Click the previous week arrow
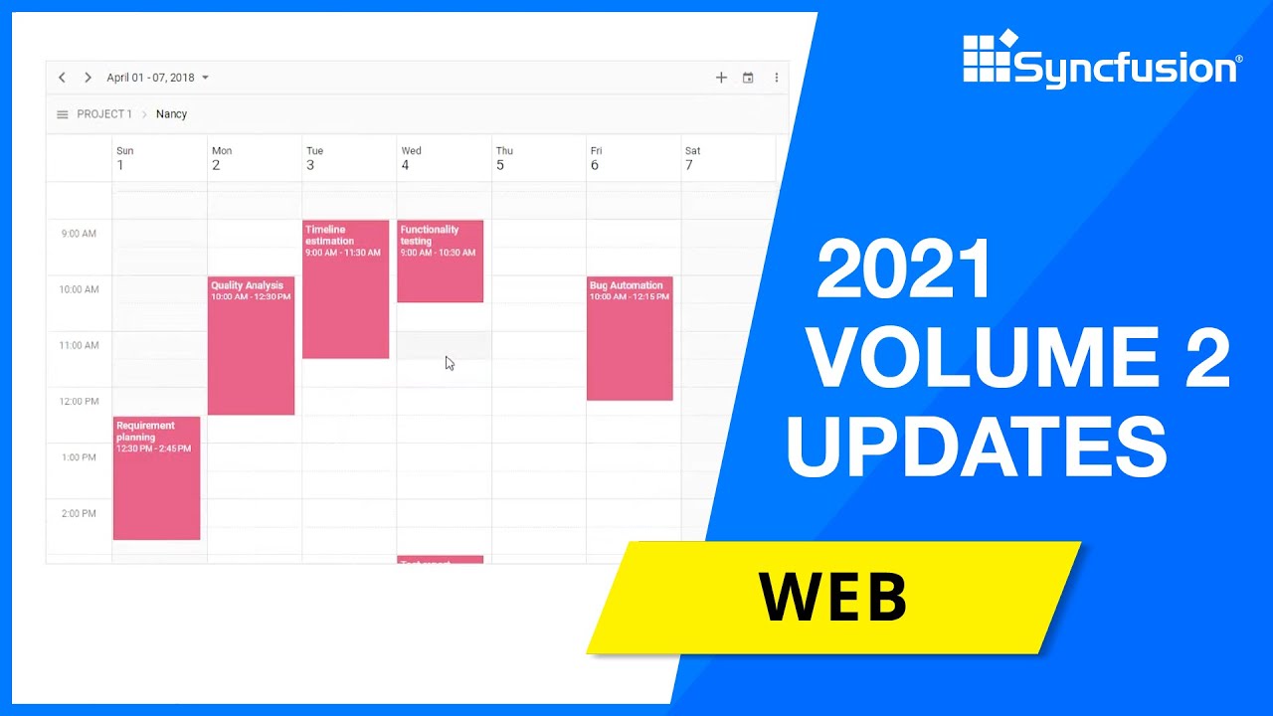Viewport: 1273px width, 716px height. click(62, 78)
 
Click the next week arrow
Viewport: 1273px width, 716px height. click(88, 78)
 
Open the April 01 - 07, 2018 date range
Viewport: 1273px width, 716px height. click(157, 78)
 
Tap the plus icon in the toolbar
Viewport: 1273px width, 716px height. click(721, 78)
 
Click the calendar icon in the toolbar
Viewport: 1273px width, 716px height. click(748, 78)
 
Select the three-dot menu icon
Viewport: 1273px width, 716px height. click(776, 78)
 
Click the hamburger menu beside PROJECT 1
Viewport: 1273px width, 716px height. click(62, 114)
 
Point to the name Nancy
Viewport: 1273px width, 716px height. click(171, 114)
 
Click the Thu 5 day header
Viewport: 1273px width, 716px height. click(504, 158)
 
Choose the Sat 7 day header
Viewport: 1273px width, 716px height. click(692, 158)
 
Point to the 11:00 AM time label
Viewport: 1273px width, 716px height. click(80, 346)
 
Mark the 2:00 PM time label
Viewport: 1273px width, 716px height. click(80, 514)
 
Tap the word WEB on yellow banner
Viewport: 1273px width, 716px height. click(833, 597)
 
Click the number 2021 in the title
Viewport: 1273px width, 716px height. click(904, 269)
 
